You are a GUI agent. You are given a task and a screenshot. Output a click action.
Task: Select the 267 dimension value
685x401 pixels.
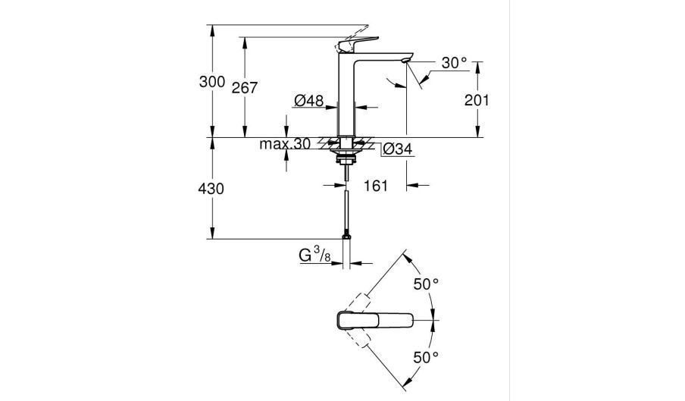pos(245,88)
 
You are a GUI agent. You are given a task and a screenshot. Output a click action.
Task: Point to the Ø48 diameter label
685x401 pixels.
pos(309,100)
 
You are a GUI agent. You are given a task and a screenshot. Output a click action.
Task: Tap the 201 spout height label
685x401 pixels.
pos(477,100)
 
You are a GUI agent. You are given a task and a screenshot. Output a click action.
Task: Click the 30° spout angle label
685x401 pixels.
pos(454,64)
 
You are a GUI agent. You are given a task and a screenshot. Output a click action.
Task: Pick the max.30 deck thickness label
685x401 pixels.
pos(284,145)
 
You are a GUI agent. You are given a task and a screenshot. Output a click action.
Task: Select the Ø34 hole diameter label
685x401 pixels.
pos(397,150)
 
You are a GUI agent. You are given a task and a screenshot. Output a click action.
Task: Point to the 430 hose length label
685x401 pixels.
pos(211,190)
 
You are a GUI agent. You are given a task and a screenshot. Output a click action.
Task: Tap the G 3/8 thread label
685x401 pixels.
pos(314,256)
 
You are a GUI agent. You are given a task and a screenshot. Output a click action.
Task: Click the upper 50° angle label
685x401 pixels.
pos(426,284)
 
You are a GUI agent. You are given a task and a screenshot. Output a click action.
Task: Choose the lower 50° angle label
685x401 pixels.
pos(426,356)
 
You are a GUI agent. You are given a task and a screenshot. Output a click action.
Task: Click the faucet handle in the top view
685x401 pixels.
pos(375,319)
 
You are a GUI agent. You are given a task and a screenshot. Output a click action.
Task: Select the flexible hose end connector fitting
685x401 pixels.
pos(347,236)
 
